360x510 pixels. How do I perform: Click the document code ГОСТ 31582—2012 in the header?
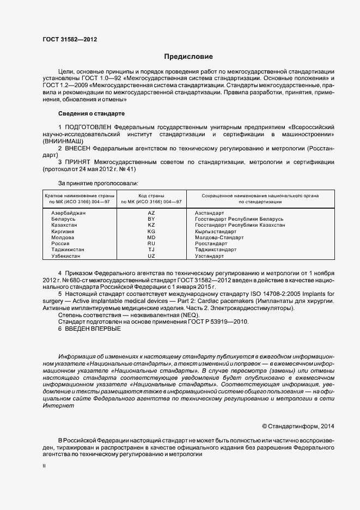pos(70,39)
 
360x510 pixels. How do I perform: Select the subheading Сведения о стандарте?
pos(91,113)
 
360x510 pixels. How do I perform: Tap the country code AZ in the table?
pos(151,213)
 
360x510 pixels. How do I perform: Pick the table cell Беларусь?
pos(63,219)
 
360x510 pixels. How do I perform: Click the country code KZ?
pos(151,225)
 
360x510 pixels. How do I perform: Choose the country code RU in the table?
pos(151,244)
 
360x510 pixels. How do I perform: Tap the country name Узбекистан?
pos(65,256)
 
